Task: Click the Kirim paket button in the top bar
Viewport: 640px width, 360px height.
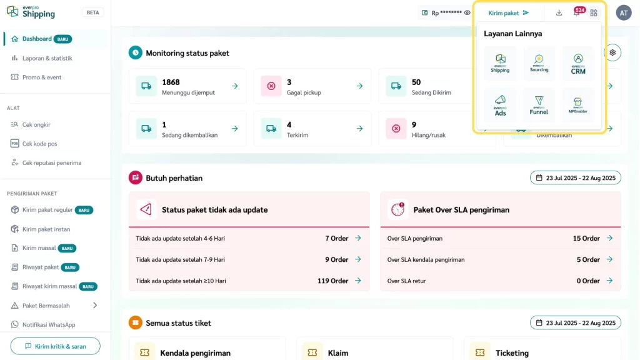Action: coord(508,12)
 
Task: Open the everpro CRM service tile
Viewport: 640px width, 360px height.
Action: coord(577,64)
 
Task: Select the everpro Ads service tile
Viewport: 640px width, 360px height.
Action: coord(500,105)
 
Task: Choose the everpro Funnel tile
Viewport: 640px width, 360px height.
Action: coord(539,105)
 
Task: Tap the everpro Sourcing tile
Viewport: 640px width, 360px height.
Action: coord(539,64)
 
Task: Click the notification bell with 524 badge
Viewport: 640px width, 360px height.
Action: coord(577,12)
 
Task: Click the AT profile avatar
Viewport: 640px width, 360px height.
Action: coord(623,12)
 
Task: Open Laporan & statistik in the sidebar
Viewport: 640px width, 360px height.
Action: coord(47,58)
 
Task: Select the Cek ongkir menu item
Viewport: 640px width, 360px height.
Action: coord(36,124)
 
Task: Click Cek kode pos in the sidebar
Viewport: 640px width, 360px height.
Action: coord(39,144)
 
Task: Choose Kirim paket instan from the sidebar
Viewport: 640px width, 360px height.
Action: coord(46,229)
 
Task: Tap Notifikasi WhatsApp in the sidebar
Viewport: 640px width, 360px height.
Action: coord(49,325)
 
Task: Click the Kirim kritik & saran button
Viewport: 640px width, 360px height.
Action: coord(55,346)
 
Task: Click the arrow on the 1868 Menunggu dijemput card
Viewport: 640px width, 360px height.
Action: coord(234,86)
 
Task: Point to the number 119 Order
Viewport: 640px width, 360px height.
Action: coord(332,281)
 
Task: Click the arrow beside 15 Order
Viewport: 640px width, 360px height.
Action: coord(609,238)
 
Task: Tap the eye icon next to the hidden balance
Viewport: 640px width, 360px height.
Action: coord(467,12)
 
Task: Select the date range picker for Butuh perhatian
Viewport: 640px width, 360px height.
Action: coord(575,178)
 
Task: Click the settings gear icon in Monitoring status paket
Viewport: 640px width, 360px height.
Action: coord(612,52)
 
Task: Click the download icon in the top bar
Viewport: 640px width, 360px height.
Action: coord(559,12)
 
